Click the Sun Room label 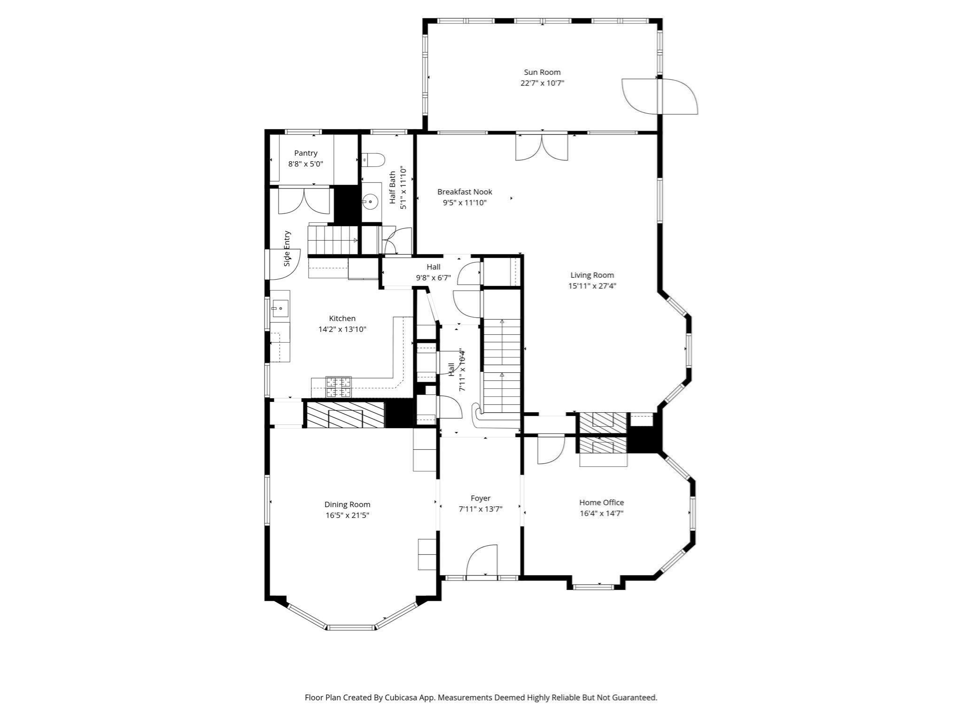point(542,72)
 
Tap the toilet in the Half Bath point(374,160)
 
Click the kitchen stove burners point(339,387)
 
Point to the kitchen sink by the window point(279,308)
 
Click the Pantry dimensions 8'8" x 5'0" point(305,164)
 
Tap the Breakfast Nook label point(465,192)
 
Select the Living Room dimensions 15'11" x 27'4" point(592,286)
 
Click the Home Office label point(601,502)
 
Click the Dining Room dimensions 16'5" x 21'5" point(347,515)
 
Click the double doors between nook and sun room point(542,148)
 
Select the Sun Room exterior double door point(659,96)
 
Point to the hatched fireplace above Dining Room point(345,415)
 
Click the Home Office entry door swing point(551,450)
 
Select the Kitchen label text point(342,319)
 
